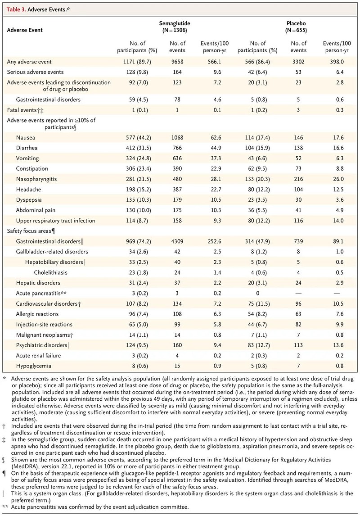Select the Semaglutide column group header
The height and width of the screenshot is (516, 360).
[175, 27]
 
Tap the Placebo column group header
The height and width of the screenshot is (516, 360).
[296, 27]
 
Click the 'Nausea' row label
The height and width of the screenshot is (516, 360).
[25, 138]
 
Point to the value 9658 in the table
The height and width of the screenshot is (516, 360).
[177, 62]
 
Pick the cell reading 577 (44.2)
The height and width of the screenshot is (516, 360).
[139, 138]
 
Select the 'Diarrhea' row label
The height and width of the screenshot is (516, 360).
[27, 148]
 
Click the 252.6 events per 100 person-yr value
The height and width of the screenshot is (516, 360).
[214, 241]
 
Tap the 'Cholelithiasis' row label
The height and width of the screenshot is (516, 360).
[51, 272]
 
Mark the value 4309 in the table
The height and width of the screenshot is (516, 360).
[177, 241]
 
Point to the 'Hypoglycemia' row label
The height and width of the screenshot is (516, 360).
[34, 366]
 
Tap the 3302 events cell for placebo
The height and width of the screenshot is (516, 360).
[298, 62]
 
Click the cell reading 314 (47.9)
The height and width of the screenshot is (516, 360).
[257, 241]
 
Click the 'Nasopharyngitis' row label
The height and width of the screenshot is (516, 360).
[36, 179]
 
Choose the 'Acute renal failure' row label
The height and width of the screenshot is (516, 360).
[38, 356]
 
